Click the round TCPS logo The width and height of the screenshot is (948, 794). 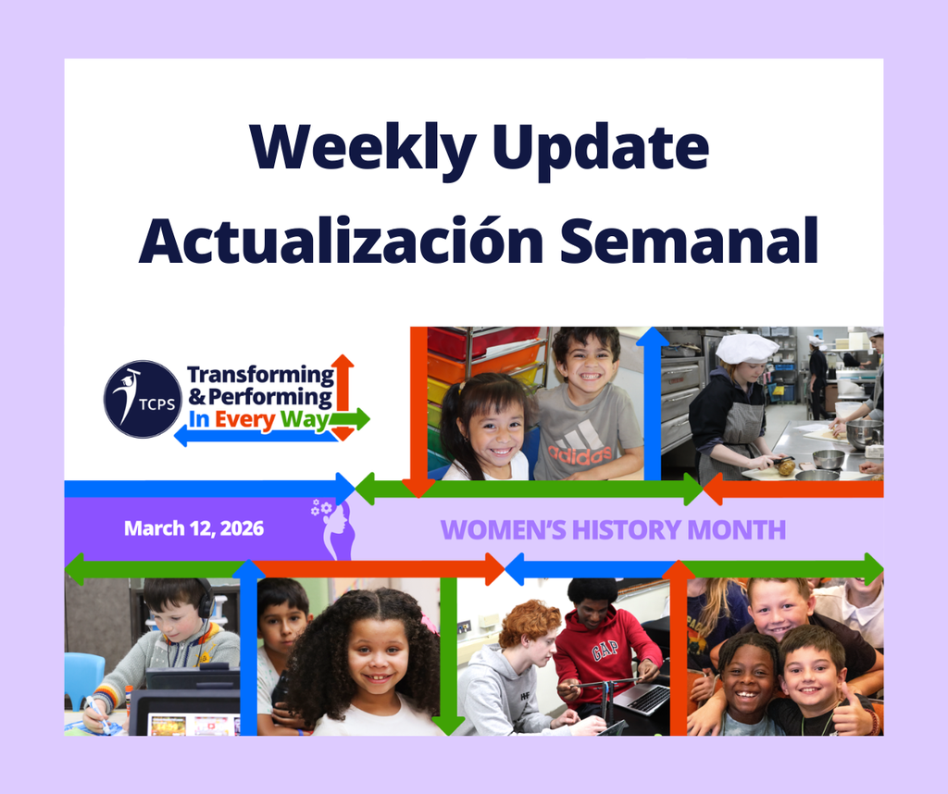click(x=143, y=398)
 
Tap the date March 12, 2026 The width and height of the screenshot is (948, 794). click(x=193, y=529)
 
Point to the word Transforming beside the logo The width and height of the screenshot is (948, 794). click(x=260, y=375)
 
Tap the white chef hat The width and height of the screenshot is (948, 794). click(x=746, y=348)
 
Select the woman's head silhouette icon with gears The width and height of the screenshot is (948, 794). click(x=334, y=527)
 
